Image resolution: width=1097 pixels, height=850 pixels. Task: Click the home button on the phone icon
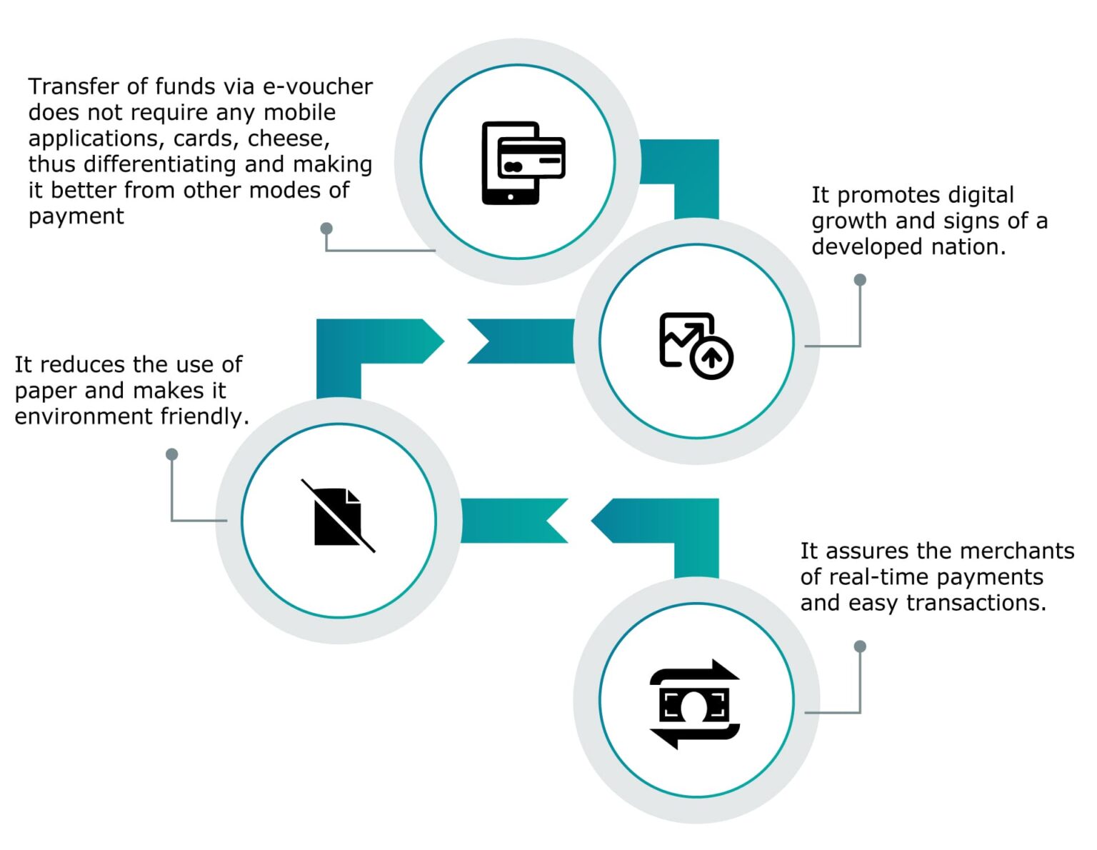(510, 197)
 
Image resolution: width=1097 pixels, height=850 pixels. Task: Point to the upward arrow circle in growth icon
(711, 356)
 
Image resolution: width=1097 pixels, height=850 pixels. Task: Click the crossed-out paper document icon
(338, 516)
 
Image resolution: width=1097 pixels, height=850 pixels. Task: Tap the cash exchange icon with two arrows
(695, 704)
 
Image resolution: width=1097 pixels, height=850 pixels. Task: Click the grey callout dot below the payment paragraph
(326, 229)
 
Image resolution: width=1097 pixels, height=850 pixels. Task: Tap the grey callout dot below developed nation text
(860, 280)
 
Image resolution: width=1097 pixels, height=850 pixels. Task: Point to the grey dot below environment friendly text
(171, 454)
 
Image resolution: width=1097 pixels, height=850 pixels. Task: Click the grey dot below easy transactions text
(860, 646)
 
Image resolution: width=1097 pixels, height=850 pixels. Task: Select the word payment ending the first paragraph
(76, 216)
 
